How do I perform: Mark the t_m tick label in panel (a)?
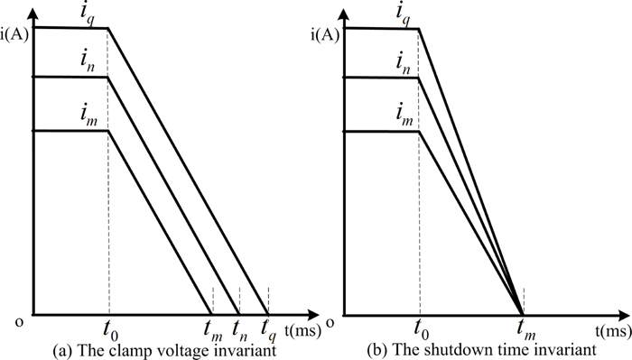click(x=212, y=328)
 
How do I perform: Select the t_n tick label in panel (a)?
click(x=239, y=328)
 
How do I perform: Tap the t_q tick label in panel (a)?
click(x=268, y=328)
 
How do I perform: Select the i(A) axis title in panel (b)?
click(x=327, y=35)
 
